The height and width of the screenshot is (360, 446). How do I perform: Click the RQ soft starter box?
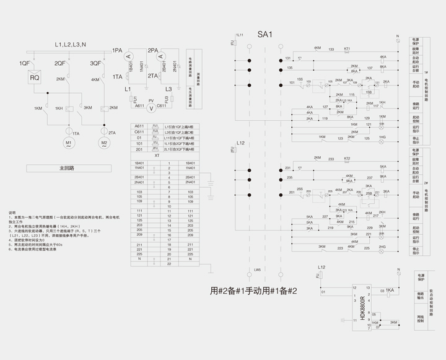coord(35,78)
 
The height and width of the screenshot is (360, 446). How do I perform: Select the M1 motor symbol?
coord(69,144)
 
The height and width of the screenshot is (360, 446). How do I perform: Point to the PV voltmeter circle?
coord(151,107)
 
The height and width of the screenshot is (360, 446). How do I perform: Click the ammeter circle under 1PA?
coord(129,56)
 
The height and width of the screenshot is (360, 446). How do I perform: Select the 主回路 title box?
coord(66,168)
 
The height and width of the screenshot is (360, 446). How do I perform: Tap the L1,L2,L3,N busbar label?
coord(70,45)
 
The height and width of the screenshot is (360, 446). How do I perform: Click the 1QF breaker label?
coord(24,63)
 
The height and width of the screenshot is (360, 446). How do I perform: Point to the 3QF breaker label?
coord(95,63)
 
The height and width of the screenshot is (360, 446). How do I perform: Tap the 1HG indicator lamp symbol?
coord(382,137)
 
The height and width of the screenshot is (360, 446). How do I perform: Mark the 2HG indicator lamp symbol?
coord(382,247)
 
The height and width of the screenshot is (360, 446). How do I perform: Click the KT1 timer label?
coord(347,48)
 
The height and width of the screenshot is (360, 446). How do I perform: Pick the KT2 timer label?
coord(347,159)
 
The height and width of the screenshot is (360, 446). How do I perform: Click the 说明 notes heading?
coord(12,212)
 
